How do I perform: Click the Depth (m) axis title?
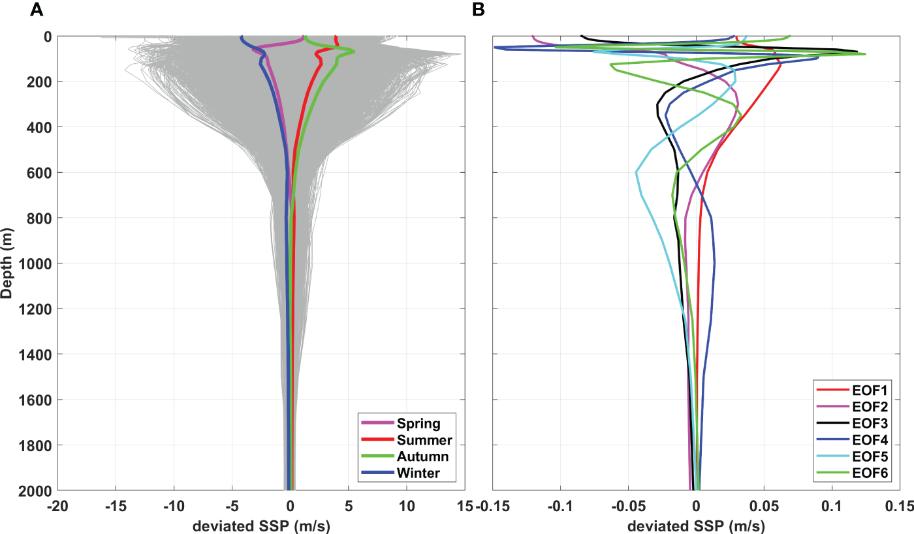click(7, 263)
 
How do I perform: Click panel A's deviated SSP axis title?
click(261, 526)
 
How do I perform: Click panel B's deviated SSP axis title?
click(696, 526)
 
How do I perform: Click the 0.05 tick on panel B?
click(763, 505)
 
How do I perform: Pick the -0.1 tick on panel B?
click(560, 505)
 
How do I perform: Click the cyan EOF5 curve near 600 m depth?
click(637, 172)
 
